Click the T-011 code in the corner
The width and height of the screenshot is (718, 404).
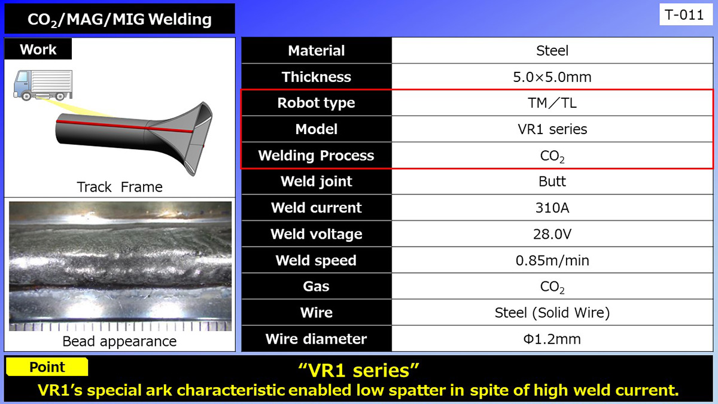[x=684, y=15]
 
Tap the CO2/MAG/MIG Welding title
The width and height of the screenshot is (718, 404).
[x=120, y=19]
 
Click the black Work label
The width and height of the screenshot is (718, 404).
[x=38, y=49]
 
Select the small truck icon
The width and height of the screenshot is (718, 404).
[x=42, y=85]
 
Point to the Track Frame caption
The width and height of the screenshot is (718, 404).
[x=120, y=187]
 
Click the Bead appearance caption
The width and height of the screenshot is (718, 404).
[x=120, y=341]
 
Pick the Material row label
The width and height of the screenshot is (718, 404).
[x=316, y=51]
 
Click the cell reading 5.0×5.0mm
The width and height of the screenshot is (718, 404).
[x=552, y=77]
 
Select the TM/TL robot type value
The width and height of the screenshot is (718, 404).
[x=552, y=103]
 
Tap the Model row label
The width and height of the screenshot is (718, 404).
[x=316, y=129]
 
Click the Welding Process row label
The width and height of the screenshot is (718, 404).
[x=316, y=156]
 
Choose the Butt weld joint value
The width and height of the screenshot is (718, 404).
[x=552, y=181]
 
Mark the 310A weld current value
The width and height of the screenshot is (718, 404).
[x=552, y=208]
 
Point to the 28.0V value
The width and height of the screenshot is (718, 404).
[x=552, y=234]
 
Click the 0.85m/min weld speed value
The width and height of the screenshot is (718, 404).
[x=552, y=260]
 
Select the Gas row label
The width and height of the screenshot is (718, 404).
[x=316, y=286]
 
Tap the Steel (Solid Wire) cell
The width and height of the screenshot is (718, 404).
[x=552, y=312]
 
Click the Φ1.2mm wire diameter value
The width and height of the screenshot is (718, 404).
[x=552, y=339]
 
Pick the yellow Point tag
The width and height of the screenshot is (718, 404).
[x=48, y=367]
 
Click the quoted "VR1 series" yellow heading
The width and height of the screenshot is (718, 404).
[x=358, y=370]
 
